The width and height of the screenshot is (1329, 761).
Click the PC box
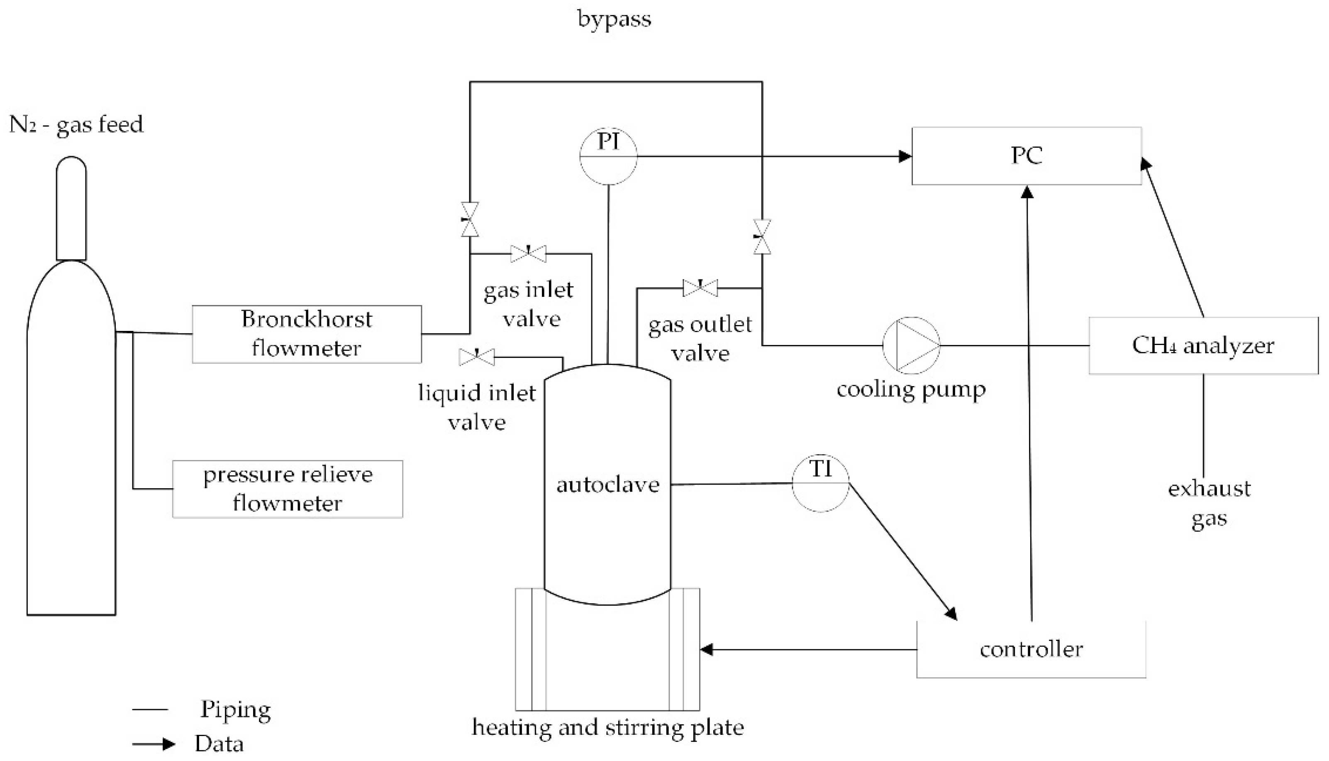1026,156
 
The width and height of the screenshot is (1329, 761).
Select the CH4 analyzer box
1203,345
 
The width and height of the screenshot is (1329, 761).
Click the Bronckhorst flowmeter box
307,334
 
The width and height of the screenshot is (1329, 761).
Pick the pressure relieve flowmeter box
287,489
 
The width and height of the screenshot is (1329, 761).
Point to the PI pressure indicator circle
608,156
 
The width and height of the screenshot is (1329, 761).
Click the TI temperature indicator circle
820,483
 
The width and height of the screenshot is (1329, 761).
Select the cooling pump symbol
911,345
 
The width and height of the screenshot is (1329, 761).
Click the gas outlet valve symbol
700,287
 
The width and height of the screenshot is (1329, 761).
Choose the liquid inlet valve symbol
476,357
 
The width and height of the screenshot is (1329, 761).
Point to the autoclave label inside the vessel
607,485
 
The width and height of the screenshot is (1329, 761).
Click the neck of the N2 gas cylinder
71,209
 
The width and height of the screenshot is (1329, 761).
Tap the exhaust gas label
1210,503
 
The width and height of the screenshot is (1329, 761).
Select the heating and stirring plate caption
607,727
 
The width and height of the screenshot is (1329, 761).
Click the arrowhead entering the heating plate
707,650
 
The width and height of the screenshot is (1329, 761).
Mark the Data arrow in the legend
154,744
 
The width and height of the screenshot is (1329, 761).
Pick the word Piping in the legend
236,710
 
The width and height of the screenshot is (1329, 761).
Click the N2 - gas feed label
76,125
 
